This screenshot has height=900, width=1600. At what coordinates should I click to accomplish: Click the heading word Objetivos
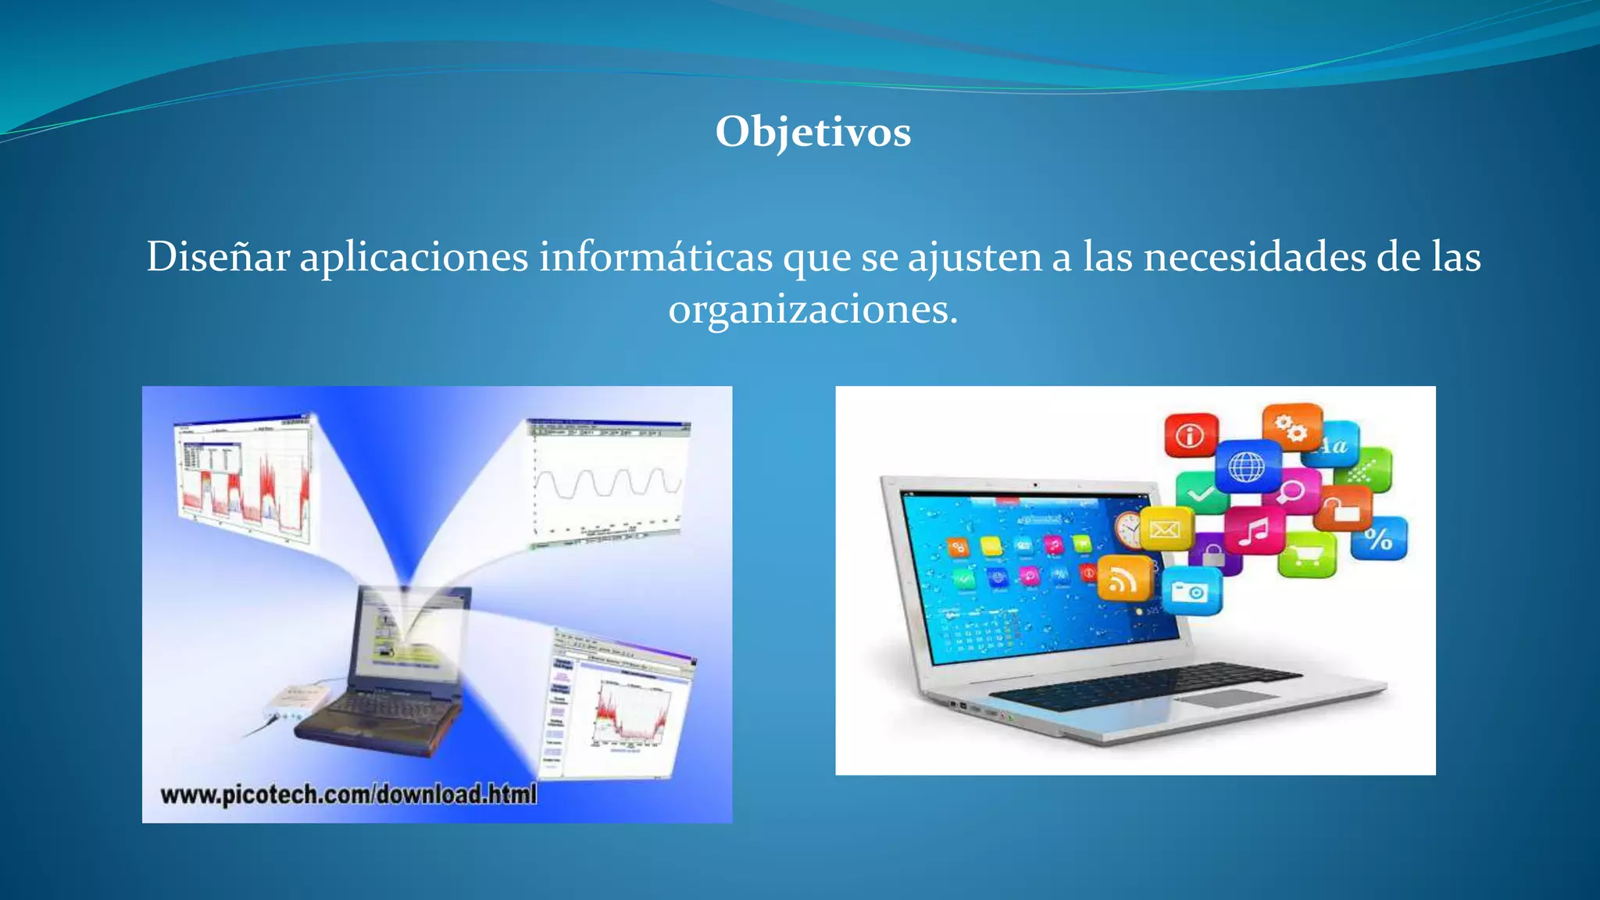[x=812, y=131]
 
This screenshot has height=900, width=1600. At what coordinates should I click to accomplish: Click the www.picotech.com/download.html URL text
[x=348, y=795]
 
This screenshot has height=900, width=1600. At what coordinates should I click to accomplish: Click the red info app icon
[x=1191, y=435]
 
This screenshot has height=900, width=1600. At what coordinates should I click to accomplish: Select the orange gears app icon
[x=1291, y=427]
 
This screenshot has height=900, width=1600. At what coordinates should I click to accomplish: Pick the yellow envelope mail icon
[x=1165, y=530]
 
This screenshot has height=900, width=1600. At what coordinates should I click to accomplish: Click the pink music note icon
[x=1254, y=531]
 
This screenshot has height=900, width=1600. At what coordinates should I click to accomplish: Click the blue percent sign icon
[x=1379, y=538]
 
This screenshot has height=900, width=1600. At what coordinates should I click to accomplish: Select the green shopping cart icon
[x=1307, y=555]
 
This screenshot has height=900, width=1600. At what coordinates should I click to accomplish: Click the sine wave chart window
[x=608, y=483]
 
